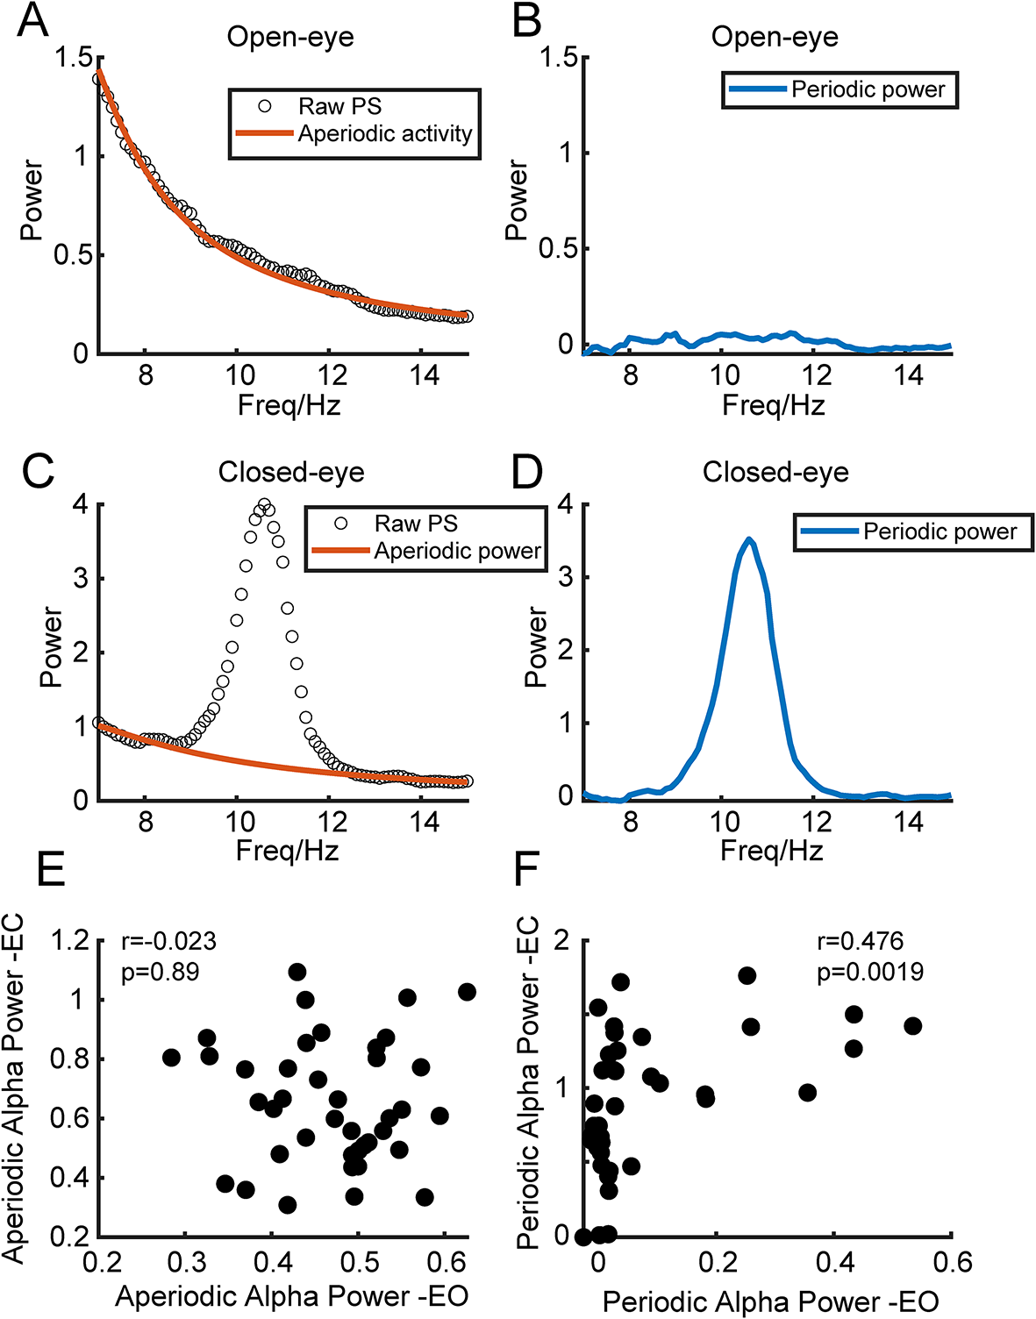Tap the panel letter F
coord(525,869)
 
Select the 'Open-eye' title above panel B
coord(774,37)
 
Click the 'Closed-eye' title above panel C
coord(290,472)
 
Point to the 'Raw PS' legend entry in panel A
coord(339,106)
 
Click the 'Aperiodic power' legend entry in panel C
coord(457,551)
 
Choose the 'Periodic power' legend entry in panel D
coord(940,531)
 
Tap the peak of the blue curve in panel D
coord(748,539)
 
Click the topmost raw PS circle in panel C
coord(263,505)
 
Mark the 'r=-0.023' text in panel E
coord(168,941)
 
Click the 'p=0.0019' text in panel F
coord(869,972)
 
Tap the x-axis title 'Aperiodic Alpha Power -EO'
coord(291,1296)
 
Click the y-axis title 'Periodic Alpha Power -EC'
coord(527,1082)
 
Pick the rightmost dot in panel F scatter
coord(912,1026)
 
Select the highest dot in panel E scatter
coord(297,972)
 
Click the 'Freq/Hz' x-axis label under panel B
coord(773,405)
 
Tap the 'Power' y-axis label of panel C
coord(52,647)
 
